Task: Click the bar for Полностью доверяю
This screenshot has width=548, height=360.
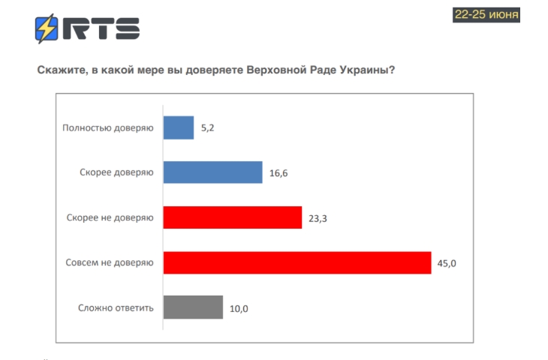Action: point(179,128)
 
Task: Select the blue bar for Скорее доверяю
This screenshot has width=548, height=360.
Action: point(212,172)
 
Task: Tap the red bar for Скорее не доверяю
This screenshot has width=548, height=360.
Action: point(232,217)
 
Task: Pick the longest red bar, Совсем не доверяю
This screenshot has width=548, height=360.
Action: point(297,262)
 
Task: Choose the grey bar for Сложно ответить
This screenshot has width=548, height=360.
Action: point(193,307)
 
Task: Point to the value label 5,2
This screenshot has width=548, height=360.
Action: point(208,129)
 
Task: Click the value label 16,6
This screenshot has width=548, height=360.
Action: point(278,173)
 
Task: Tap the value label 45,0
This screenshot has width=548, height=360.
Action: point(447,263)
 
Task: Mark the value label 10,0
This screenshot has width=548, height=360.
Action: point(239,307)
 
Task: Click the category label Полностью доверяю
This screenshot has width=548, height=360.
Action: point(107,128)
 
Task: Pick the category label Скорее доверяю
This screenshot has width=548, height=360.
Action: point(116,172)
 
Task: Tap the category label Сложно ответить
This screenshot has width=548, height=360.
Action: point(116,307)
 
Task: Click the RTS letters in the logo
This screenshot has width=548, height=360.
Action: point(102,29)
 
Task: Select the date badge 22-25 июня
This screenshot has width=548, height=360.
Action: point(486,14)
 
